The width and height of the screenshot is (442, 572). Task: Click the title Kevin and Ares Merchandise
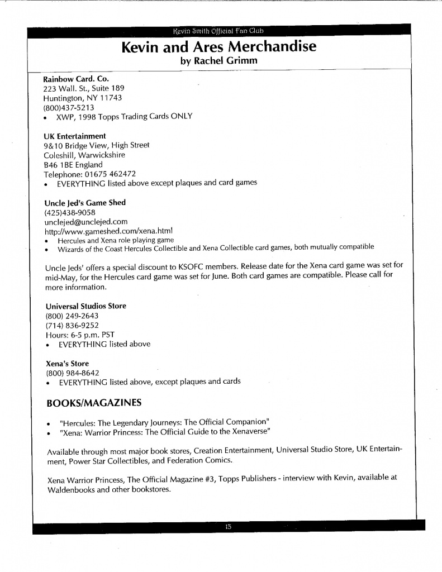click(218, 47)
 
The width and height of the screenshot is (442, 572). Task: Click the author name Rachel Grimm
click(218, 61)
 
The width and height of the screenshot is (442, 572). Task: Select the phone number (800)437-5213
click(68, 107)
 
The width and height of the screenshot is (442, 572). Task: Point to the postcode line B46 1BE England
click(73, 164)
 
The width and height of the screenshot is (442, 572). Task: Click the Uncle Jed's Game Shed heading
click(84, 202)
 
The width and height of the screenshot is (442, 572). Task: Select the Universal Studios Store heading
click(85, 306)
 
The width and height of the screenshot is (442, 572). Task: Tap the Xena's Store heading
click(67, 363)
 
